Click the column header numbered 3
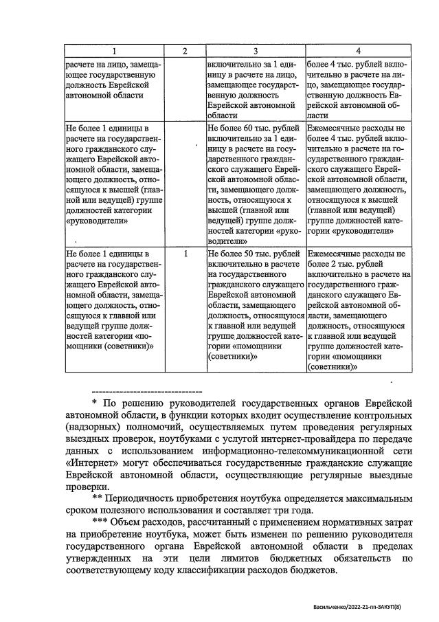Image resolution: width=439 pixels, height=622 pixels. pos(255,51)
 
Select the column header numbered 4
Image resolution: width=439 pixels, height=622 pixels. pos(357,51)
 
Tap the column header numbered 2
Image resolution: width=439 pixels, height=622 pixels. pos(184,51)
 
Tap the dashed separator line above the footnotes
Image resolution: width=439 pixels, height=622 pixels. pos(146,390)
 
